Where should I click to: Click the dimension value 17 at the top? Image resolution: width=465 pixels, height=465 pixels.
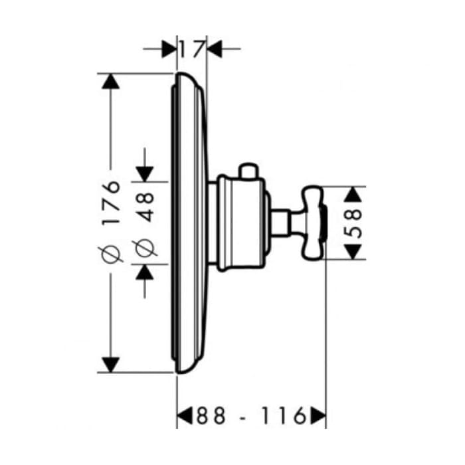pyautogui.click(x=193, y=49)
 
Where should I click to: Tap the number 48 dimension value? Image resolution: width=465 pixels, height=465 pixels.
pyautogui.click(x=145, y=207)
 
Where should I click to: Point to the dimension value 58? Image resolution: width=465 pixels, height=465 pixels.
pyautogui.click(x=354, y=223)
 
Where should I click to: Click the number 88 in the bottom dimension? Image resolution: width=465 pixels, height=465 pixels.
pyautogui.click(x=211, y=415)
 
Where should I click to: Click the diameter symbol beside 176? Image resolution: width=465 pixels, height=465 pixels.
pyautogui.click(x=111, y=254)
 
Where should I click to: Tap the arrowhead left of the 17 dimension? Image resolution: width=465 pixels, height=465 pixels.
pyautogui.click(x=169, y=49)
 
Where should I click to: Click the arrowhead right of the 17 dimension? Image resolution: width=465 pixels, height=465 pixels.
pyautogui.click(x=215, y=49)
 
